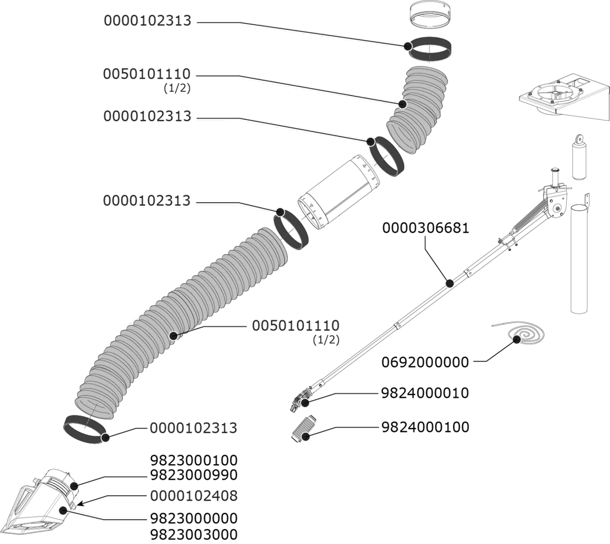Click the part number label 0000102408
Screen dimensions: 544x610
coord(194,495)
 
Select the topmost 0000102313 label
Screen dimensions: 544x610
coord(147,21)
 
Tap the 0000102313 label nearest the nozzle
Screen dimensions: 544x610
coord(193,428)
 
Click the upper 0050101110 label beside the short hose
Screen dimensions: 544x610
coord(147,74)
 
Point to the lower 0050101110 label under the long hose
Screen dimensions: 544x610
coord(296,326)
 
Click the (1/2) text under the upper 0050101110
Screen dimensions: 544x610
coord(176,88)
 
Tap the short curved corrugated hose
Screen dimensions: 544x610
coord(419,109)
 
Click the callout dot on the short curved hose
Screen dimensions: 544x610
coord(403,104)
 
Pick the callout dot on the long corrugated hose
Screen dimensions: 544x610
coord(173,336)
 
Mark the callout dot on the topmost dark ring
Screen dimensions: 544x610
coord(408,46)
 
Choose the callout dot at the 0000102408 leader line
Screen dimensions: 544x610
coord(63,510)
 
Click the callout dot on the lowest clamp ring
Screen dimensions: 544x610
coord(106,437)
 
